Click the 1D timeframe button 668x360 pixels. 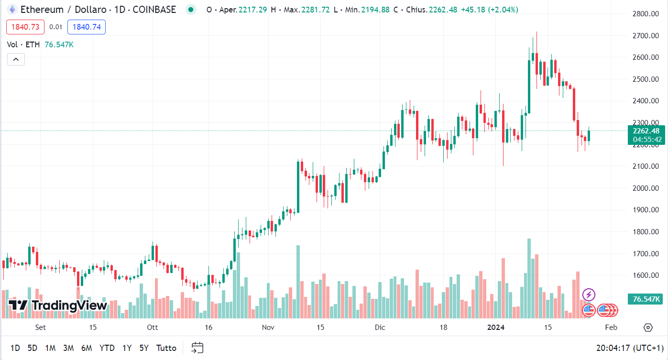[x=15, y=348]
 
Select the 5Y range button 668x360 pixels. [x=144, y=348]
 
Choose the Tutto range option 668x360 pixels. [x=166, y=348]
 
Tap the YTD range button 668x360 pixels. [x=107, y=348]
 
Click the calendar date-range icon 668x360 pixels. [x=197, y=348]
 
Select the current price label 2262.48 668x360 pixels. [x=646, y=131]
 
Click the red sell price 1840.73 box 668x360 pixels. [x=25, y=27]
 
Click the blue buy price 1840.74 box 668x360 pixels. [x=87, y=27]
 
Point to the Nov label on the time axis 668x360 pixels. [x=268, y=327]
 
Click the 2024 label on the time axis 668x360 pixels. [x=496, y=327]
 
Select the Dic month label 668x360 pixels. [x=380, y=327]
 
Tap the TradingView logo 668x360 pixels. [x=58, y=305]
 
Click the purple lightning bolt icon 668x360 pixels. [x=589, y=295]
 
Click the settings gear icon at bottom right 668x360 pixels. [x=648, y=327]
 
